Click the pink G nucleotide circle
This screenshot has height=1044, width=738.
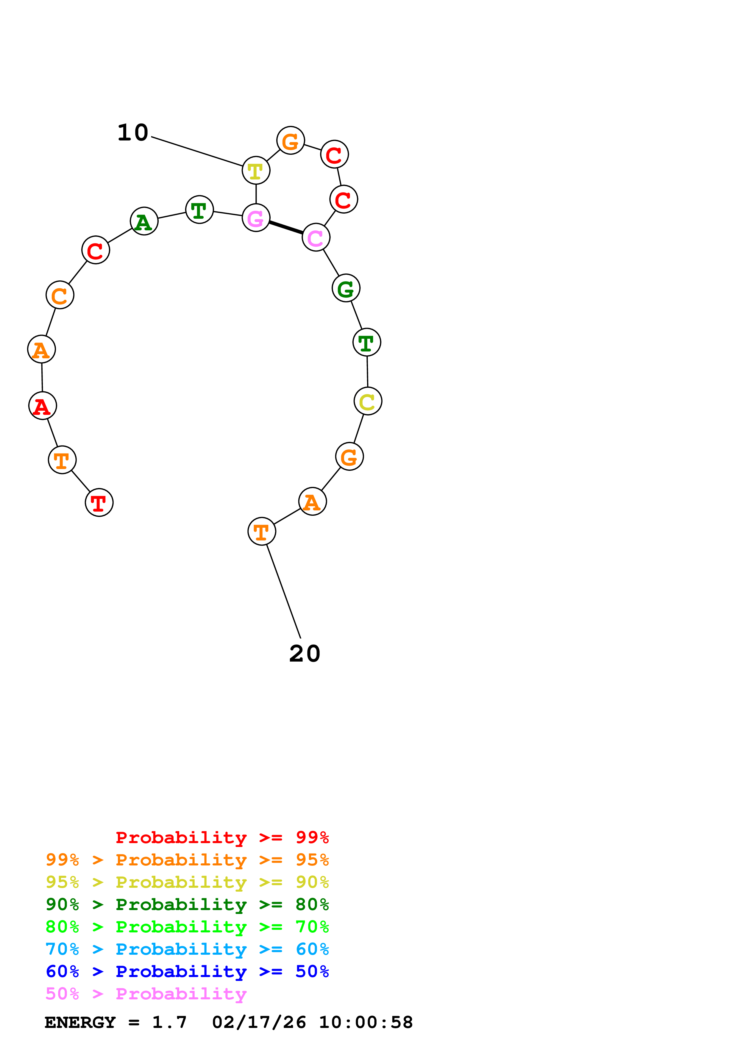point(256,218)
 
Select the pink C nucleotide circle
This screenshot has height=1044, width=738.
point(316,237)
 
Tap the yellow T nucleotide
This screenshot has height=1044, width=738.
point(256,171)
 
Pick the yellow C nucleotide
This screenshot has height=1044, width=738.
point(367,401)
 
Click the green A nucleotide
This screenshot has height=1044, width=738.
point(144,221)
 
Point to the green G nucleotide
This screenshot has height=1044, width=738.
point(346,288)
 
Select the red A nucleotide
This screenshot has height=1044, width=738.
point(42,406)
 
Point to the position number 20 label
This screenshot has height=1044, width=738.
point(305,654)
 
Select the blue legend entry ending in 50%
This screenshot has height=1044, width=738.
point(187,972)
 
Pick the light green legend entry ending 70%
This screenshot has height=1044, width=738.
point(187,927)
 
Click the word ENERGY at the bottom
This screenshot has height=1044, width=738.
point(80,1023)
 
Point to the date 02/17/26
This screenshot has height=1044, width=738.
point(259,1023)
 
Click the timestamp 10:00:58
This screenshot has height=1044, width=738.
point(366,1023)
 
